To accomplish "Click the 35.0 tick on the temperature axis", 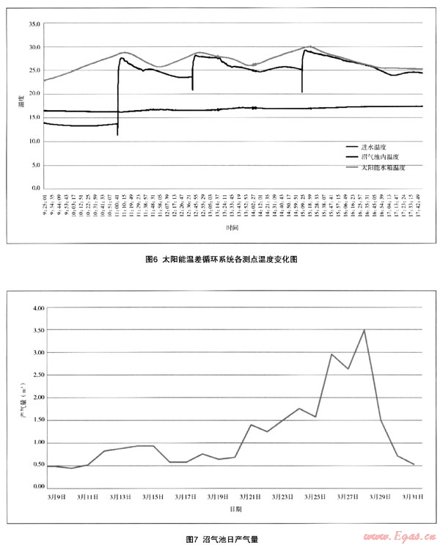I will (34, 24).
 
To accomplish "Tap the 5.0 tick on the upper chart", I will (34, 165).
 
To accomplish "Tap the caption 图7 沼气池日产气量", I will (221, 538).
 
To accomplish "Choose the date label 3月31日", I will (412, 497).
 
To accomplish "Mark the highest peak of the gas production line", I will (364, 330).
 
